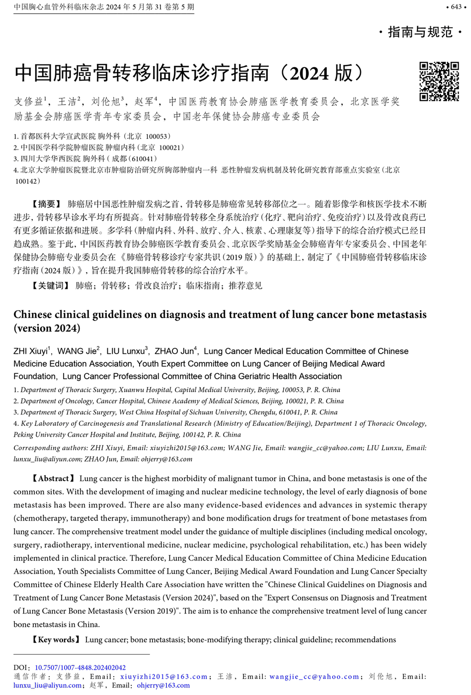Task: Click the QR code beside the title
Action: coord(439,81)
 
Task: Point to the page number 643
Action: coord(456,7)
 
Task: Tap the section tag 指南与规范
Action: coord(420,32)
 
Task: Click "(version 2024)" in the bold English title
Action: coord(47,328)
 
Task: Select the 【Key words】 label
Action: coord(56,639)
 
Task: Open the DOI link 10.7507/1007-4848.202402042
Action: coord(80,668)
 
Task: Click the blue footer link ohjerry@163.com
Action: coord(163,686)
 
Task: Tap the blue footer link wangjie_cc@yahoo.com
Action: coord(314,677)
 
